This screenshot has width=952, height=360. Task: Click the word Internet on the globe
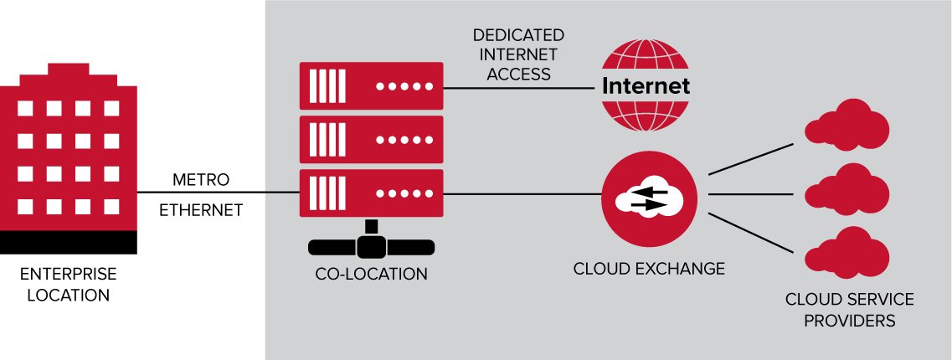[x=646, y=85]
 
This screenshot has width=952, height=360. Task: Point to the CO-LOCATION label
[x=371, y=275]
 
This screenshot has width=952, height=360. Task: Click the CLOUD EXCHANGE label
[x=649, y=269]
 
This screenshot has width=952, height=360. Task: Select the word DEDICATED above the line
[x=518, y=36]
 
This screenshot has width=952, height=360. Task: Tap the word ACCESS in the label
[x=518, y=74]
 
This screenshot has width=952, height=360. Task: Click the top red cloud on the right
[x=846, y=126]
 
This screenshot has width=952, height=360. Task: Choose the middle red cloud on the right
[x=846, y=191]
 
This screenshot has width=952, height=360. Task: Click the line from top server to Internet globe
[x=519, y=87]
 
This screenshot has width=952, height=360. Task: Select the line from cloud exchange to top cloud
[x=750, y=158]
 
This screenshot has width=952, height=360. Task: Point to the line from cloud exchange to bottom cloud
[x=750, y=231]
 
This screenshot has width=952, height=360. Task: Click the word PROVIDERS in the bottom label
[x=850, y=321]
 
